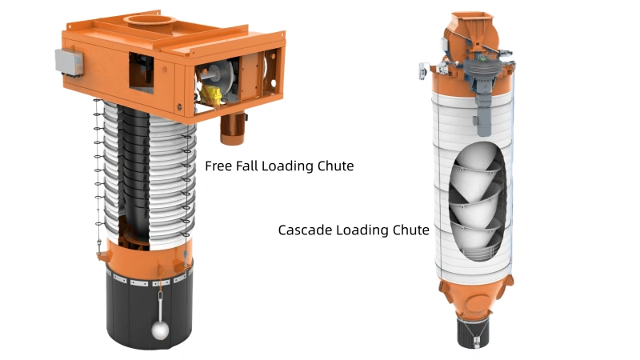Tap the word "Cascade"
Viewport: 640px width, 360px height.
click(x=304, y=230)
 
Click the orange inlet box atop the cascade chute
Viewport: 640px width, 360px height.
click(x=472, y=32)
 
